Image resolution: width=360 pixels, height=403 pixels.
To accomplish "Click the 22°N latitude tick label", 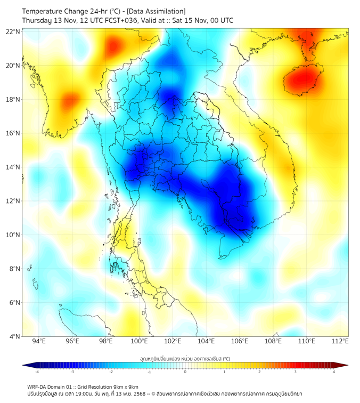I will (13, 31).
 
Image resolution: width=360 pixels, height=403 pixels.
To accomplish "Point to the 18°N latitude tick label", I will (13, 100).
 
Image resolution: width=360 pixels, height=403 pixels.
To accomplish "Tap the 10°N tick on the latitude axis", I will (13, 235).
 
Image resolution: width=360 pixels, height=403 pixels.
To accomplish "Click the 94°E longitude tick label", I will (39, 341).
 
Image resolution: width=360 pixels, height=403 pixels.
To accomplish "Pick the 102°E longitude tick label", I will (173, 341).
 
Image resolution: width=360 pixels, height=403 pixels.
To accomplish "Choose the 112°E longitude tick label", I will (340, 341).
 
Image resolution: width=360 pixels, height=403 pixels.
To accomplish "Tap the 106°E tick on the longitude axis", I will (240, 341).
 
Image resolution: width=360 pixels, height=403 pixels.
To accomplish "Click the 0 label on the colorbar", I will (185, 371).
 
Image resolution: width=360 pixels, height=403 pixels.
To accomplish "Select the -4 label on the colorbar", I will (36, 371).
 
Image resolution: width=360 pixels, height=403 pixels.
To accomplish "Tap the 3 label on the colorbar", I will (296, 371).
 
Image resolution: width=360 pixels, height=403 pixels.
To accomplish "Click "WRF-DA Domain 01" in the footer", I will (49, 387).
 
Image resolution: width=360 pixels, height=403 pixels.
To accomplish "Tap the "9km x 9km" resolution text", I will (125, 387).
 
